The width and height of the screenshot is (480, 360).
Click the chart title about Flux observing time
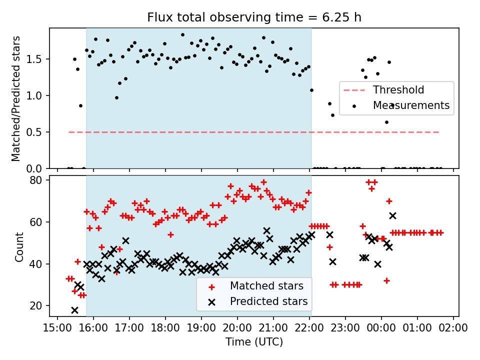254,17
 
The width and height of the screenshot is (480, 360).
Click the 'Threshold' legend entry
398,90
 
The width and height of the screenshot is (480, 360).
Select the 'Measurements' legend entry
411,105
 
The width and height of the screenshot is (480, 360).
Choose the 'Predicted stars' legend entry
268,302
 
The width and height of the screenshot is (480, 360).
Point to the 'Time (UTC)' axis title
254,342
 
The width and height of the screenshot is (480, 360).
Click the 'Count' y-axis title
19,246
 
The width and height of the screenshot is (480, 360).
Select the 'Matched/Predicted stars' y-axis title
16,98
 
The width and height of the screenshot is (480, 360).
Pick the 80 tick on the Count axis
40,179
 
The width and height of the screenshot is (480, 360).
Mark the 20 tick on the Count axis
40,305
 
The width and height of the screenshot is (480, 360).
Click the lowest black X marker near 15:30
74,310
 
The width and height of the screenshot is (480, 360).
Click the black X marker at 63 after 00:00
392,215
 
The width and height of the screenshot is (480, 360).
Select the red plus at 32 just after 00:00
386,280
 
